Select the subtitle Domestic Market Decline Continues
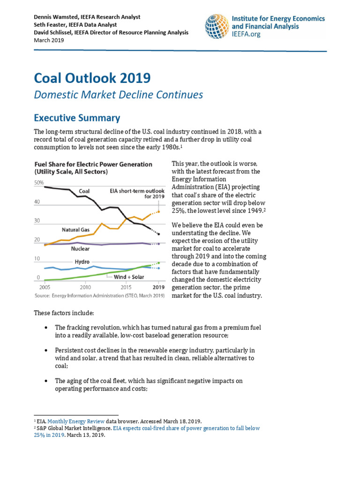click(x=119, y=95)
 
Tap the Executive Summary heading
click(x=77, y=118)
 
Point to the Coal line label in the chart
click(x=84, y=191)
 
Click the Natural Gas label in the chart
click(x=75, y=230)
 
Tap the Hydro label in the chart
click(x=82, y=262)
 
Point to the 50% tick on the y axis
click(x=38, y=182)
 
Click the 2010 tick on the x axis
click(x=85, y=287)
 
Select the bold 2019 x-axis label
click(x=158, y=287)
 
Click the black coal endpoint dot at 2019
click(x=159, y=234)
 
